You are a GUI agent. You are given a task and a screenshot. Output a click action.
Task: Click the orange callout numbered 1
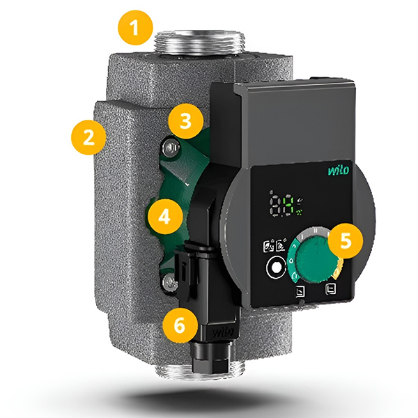pos(135,27)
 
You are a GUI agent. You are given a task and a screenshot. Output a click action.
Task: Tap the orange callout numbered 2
pos(88,137)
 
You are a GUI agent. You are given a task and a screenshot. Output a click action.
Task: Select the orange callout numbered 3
pos(186,121)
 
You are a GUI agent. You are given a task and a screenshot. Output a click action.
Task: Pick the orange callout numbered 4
pos(164,217)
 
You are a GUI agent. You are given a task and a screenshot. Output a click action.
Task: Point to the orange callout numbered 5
pos(346,240)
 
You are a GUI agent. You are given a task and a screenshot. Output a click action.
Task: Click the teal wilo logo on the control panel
pos(339,170)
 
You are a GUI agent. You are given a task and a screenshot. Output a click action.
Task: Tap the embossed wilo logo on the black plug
pos(223,332)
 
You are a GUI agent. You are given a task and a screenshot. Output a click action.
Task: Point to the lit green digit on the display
pos(288,206)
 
